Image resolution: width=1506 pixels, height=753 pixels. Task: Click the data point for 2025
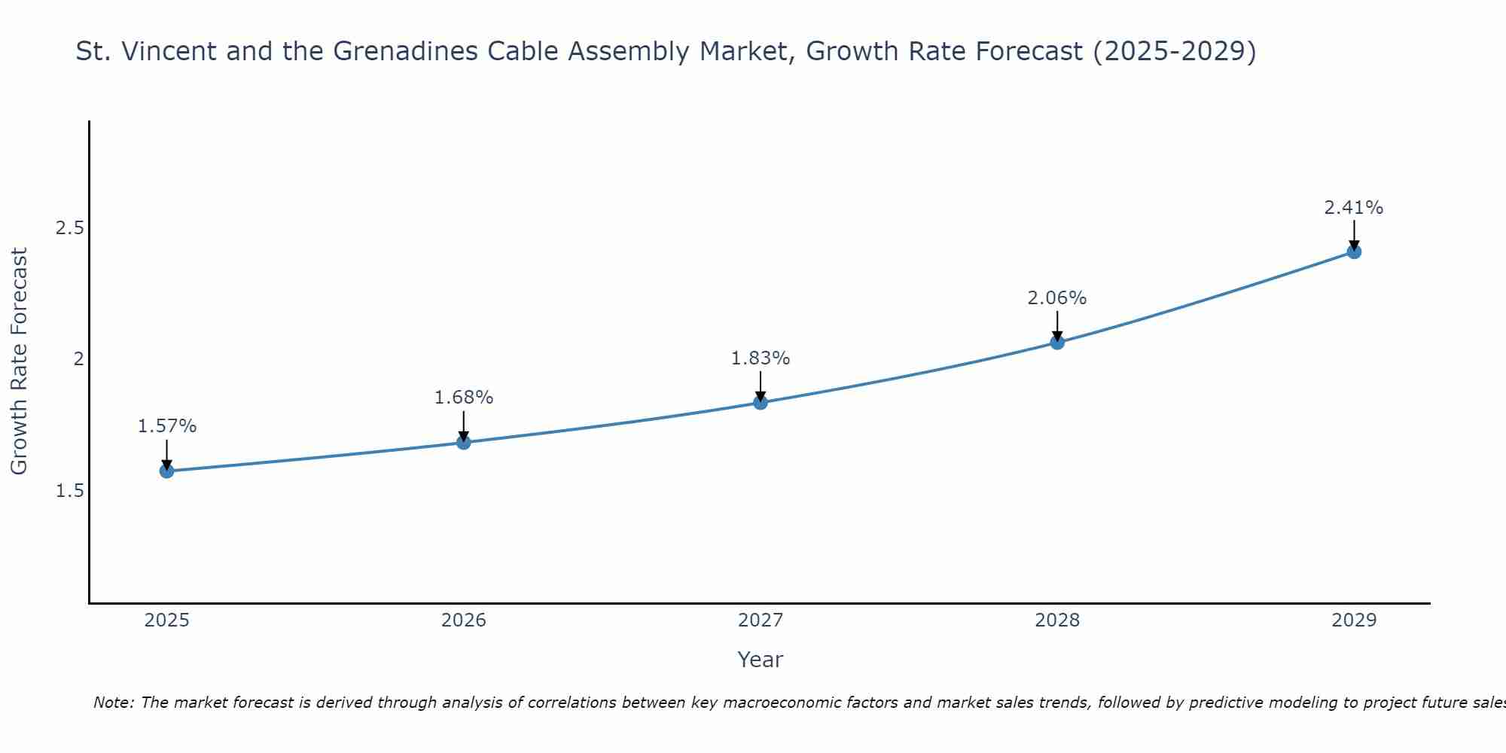pos(166,471)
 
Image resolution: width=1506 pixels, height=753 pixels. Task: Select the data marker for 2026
pos(464,442)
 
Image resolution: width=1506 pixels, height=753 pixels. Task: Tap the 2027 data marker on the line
pos(761,403)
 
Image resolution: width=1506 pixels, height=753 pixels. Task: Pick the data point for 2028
pos(1057,343)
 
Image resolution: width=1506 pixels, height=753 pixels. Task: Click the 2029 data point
pos(1354,252)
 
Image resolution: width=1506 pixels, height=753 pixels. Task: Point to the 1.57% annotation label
pos(166,426)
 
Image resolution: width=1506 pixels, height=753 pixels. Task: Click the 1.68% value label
pos(464,397)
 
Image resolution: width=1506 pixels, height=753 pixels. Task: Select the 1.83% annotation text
pos(761,358)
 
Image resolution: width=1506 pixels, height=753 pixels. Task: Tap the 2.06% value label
pos(1057,298)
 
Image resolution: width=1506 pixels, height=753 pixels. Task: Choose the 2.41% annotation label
pos(1354,208)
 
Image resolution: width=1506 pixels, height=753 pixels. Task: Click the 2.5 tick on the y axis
pos(69,228)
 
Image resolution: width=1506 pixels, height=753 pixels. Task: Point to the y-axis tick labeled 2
pos(78,359)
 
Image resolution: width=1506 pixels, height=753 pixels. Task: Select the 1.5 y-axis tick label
pos(69,491)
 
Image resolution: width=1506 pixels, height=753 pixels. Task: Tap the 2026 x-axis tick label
pos(464,620)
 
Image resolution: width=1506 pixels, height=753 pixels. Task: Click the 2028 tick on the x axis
pos(1057,620)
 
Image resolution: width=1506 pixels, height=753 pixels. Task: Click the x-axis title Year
pos(761,660)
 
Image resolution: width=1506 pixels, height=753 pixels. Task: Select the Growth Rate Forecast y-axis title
pos(20,361)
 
